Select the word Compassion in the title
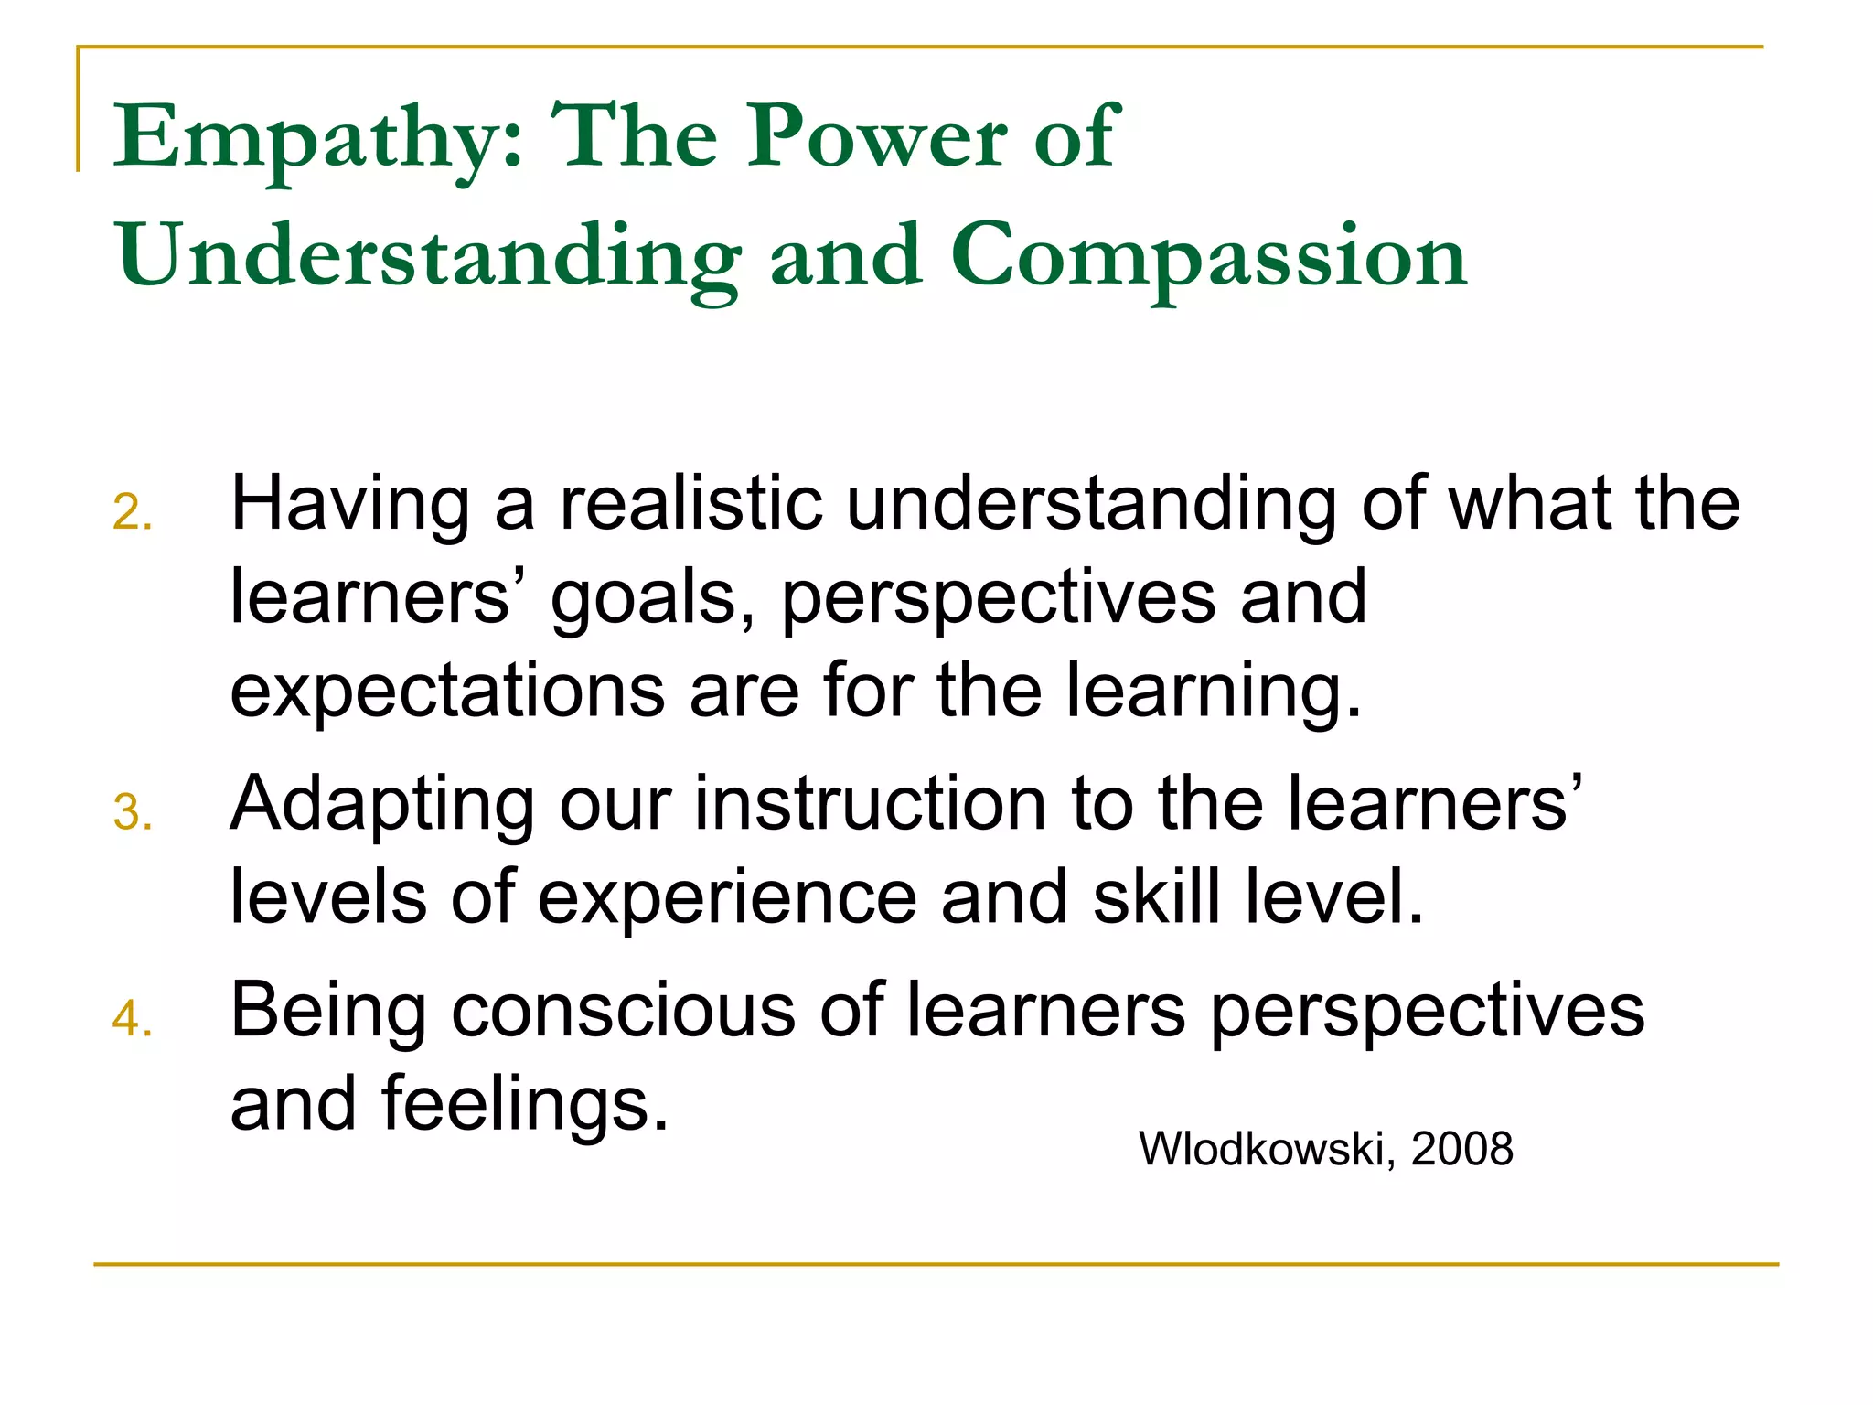coord(1208,257)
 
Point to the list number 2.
coord(132,511)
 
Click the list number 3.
coord(132,812)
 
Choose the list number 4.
coord(132,1018)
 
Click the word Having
coord(350,505)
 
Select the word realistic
coord(690,505)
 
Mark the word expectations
coord(447,692)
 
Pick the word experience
coord(727,897)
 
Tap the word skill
coord(1157,897)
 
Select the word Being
coord(328,1012)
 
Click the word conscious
coord(623,1012)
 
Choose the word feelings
coord(525,1105)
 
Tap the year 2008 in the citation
coord(1461,1149)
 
